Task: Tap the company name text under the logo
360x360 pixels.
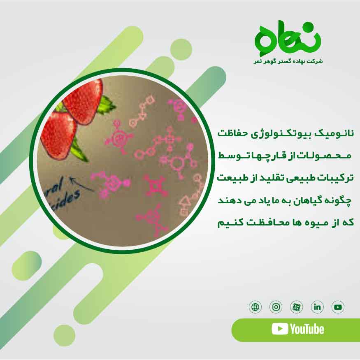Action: coord(288,61)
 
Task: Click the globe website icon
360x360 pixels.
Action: coord(255,307)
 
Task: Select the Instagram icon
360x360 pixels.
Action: coord(276,307)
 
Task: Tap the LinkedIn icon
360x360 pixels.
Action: coord(317,307)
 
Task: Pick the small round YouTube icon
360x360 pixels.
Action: coord(338,307)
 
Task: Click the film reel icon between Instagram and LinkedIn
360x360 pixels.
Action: coord(297,307)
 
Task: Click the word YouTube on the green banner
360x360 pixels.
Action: coord(307,329)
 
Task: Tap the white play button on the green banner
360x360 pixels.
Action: coord(280,329)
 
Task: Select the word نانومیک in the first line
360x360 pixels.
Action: coord(333,134)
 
